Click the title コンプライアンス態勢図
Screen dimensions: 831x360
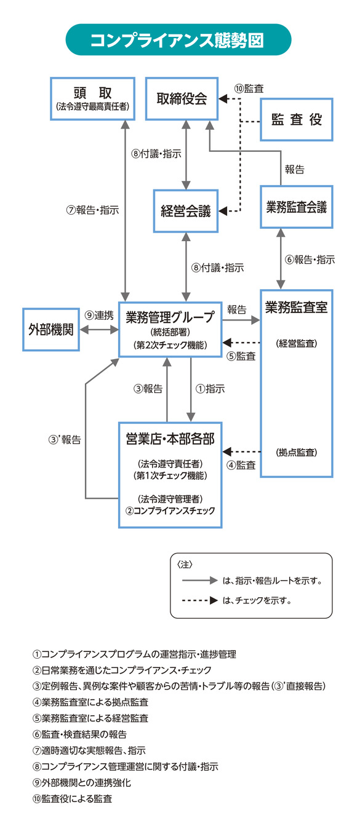178,40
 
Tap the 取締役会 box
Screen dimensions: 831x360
182,99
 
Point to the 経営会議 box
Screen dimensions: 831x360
186,211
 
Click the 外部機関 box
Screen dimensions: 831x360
51,330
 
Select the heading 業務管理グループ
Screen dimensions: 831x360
170,317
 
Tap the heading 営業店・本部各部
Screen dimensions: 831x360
170,439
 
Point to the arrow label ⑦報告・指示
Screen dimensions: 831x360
92,209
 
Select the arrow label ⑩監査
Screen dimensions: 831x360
249,89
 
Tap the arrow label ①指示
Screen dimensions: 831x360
210,389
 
